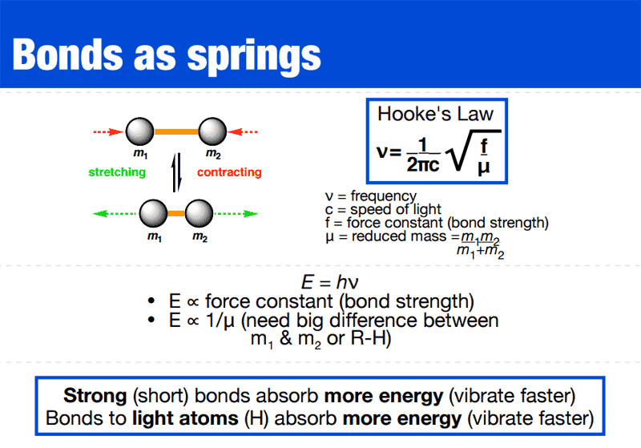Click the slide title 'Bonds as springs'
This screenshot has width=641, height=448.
pyautogui.click(x=167, y=53)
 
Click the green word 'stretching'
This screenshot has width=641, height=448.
pyautogui.click(x=117, y=172)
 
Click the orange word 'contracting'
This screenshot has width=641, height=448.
pyautogui.click(x=229, y=172)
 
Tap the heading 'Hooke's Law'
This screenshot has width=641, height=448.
pyautogui.click(x=436, y=114)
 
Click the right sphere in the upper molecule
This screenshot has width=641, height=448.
pyautogui.click(x=213, y=131)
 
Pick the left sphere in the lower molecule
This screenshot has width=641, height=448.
pyautogui.click(x=153, y=214)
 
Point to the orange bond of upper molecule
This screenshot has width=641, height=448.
pyautogui.click(x=176, y=131)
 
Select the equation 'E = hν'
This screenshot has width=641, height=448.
pyautogui.click(x=320, y=283)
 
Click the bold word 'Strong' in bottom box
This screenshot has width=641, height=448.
pyautogui.click(x=90, y=397)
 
